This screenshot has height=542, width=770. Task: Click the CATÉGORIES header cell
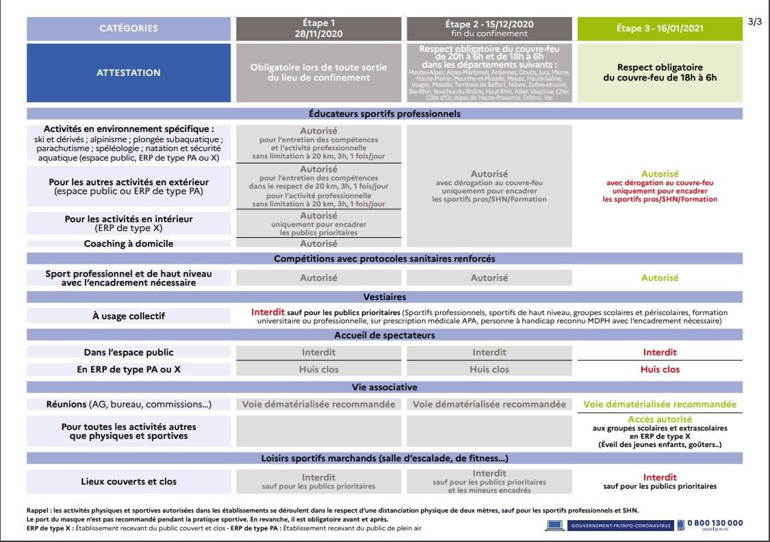129,28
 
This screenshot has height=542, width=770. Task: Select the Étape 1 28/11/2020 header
319,28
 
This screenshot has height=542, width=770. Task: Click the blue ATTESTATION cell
129,72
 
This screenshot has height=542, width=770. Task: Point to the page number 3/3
755,22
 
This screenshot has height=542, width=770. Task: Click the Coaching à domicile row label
129,243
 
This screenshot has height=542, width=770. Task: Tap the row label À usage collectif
129,316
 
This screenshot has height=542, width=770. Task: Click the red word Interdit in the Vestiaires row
268,312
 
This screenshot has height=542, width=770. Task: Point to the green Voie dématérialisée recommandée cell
660,404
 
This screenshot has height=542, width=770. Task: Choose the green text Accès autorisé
660,419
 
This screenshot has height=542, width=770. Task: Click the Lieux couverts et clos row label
129,481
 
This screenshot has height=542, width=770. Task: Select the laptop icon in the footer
555,524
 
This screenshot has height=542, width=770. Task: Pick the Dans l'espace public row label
129,353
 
